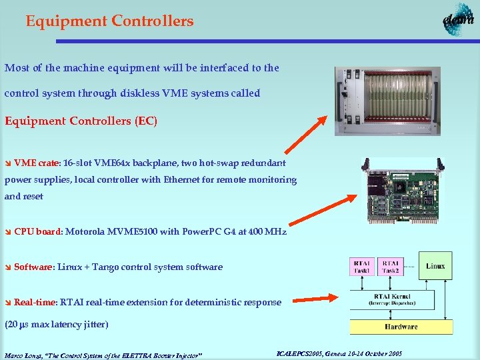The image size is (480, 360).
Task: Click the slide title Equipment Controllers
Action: coord(109,21)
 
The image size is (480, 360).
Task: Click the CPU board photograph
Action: coord(405,191)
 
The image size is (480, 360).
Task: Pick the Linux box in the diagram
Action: coord(435,266)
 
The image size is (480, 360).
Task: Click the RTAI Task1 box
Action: coord(363,267)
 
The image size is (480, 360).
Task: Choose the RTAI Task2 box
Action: coord(391,267)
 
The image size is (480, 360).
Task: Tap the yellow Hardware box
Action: coord(401,326)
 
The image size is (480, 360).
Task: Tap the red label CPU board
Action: coord(38,232)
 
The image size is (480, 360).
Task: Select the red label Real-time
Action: coord(35,303)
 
